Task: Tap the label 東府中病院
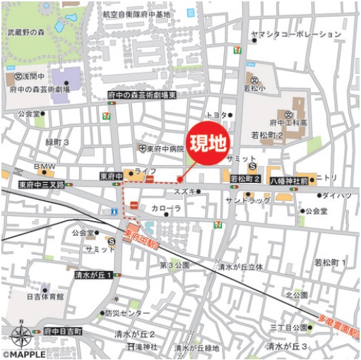tap(165, 149)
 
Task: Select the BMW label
tap(45, 167)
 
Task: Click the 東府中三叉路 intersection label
tap(42, 184)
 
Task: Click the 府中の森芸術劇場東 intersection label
tap(141, 95)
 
